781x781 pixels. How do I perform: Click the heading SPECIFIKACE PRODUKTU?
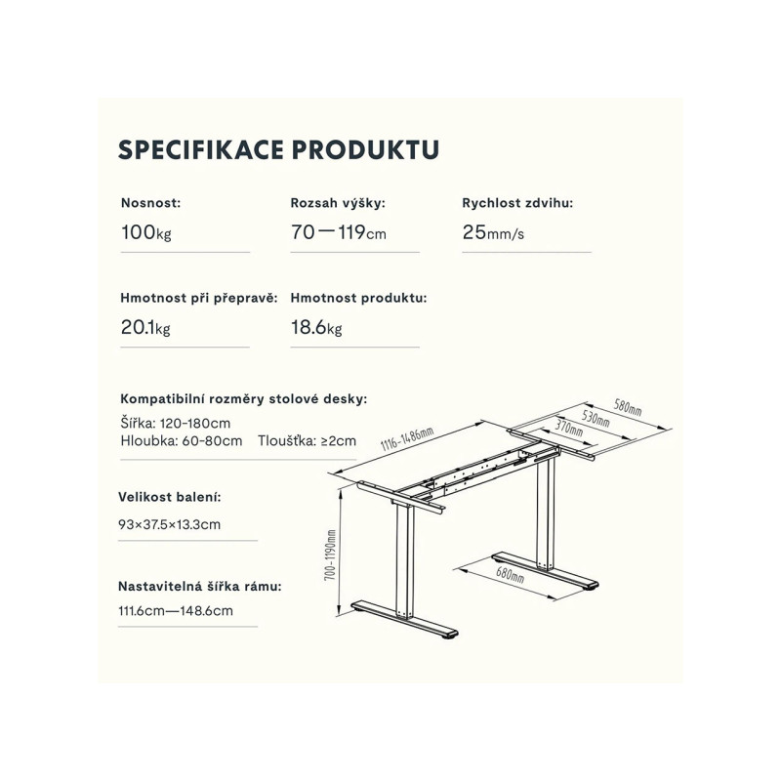pos(278,150)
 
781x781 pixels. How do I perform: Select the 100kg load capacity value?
pos(146,232)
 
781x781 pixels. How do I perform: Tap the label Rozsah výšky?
pos(338,203)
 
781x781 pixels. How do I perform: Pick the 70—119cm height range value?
pos(339,232)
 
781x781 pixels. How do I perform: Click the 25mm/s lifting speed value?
pos(493,232)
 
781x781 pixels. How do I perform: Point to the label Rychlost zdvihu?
pos(517,203)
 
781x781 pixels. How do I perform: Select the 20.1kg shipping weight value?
pos(145,328)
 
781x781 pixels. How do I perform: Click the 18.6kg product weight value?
pos(316,328)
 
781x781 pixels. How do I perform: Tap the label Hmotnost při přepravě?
pos(199,298)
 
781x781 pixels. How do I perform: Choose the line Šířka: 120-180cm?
pos(176,424)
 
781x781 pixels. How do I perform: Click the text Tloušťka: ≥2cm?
pos(307,441)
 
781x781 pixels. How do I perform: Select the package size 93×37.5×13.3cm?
pos(169,524)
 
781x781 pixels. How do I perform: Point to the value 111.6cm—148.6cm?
pos(176,611)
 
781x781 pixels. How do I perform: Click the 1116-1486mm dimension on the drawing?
pos(407,438)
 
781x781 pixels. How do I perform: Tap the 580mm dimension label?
pos(628,407)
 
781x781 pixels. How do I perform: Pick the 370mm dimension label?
pos(569,428)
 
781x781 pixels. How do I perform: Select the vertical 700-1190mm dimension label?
pos(330,555)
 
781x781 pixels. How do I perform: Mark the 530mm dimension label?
pos(596,418)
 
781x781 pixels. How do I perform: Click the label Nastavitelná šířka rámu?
pos(200,587)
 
